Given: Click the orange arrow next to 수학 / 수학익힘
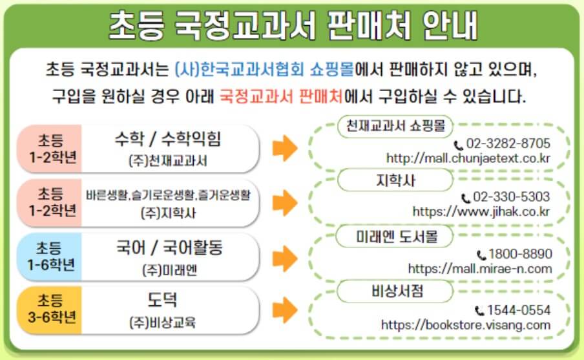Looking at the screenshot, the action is (284, 149).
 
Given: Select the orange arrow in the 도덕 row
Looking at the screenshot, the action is (284, 310).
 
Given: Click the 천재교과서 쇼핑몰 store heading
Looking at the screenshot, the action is (396, 125).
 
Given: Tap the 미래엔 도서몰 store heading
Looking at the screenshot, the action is (396, 237).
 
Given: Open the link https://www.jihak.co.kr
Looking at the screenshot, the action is (481, 211).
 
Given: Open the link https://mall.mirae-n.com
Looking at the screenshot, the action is (480, 268).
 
